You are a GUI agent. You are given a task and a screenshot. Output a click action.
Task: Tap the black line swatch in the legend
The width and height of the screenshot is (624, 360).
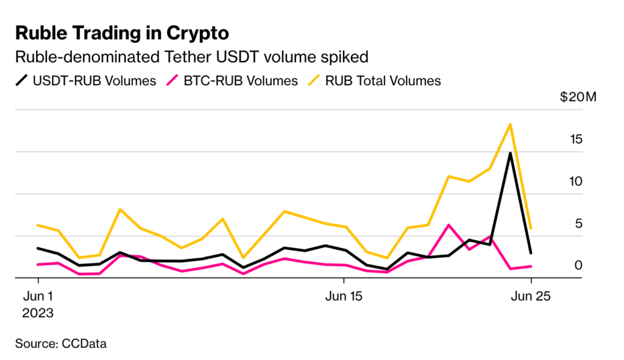[23, 80]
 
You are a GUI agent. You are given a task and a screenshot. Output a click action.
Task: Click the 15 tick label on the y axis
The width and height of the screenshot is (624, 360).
[575, 139]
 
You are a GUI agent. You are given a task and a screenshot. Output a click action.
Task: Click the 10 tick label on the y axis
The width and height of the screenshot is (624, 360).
[575, 182]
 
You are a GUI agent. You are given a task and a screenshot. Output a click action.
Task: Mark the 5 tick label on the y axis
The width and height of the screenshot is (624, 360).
[578, 224]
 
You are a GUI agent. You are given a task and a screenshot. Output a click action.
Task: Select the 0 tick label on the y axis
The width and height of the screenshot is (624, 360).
[578, 266]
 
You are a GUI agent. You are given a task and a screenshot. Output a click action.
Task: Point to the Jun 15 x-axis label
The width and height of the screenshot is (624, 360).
[344, 297]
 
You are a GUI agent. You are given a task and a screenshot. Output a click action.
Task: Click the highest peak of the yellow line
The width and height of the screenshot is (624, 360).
[509, 124]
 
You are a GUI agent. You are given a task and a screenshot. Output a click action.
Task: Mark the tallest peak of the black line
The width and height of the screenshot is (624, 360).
[509, 153]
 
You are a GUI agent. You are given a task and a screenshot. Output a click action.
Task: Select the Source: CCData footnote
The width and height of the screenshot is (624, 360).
[61, 344]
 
